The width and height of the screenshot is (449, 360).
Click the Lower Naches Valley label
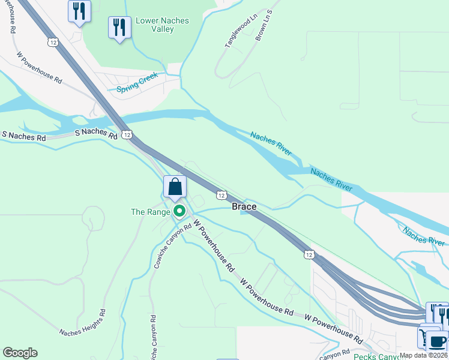[162, 25]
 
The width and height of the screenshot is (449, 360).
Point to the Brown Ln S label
[264, 25]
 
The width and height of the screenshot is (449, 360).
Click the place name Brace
[244, 206]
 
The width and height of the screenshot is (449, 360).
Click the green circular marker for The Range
[179, 211]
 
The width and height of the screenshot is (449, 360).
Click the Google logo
[20, 353]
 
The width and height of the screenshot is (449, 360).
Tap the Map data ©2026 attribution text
[424, 355]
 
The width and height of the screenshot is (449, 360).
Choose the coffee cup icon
[437, 341]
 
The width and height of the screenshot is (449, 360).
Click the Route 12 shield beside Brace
[221, 195]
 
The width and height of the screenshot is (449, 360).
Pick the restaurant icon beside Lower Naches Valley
[119, 27]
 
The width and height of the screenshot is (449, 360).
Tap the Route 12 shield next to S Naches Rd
[127, 134]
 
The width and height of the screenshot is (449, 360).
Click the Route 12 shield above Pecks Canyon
[309, 255]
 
